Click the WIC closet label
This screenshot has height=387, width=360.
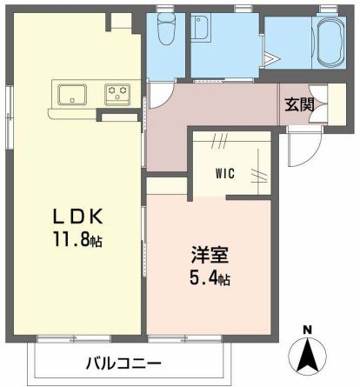(226, 172)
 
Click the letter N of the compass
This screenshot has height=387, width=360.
(306, 329)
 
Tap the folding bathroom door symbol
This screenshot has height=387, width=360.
(270, 58)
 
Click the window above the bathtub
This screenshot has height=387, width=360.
(328, 10)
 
